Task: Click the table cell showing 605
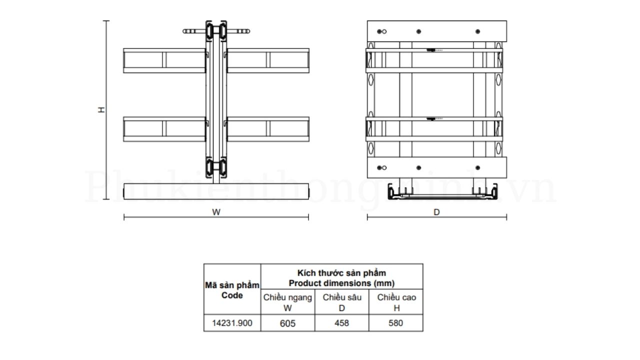287,323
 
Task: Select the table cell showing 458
342,323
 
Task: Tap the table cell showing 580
395,323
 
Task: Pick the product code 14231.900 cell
232,323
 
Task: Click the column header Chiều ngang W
287,302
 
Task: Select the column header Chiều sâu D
342,302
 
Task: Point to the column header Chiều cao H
396,302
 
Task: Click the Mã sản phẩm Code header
232,290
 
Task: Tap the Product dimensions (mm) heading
341,278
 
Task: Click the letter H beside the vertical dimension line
101,109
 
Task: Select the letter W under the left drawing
216,212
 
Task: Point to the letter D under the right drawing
436,212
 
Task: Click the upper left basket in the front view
164,60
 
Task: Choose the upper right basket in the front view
268,60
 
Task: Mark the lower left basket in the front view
164,129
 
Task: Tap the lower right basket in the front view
268,129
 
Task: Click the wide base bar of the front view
216,191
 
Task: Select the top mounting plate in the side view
436,31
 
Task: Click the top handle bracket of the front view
216,31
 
